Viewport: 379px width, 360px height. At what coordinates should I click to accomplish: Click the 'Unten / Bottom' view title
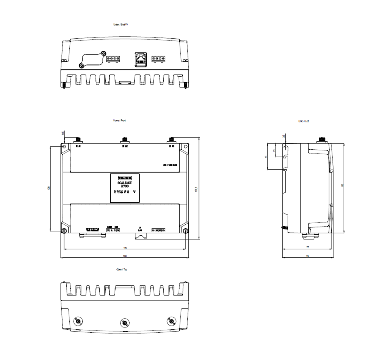coord(121,24)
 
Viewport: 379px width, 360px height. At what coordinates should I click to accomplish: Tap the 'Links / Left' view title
coord(303,121)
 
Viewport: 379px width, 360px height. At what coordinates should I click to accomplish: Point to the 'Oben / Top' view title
coord(121,269)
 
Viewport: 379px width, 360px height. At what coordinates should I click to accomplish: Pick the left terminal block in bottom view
coord(113,59)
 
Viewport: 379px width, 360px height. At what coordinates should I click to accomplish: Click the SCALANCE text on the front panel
coord(125,183)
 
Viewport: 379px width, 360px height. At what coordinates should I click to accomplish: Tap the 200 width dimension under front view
coord(125,256)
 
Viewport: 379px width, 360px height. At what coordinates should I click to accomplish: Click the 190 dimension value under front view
coord(125,247)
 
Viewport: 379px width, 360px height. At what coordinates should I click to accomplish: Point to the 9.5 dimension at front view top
coord(63,133)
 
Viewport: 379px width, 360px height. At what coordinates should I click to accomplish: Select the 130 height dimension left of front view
coord(49,188)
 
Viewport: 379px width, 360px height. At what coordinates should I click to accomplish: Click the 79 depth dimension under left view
coord(307,256)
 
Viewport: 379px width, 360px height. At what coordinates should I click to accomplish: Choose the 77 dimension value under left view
coord(307,247)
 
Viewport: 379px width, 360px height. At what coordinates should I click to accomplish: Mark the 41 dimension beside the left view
coord(266,157)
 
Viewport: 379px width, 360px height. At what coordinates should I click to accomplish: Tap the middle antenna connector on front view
coord(124,140)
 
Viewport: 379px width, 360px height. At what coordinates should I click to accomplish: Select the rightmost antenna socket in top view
coord(171,321)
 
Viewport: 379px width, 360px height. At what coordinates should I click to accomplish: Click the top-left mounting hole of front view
coord(64,146)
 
